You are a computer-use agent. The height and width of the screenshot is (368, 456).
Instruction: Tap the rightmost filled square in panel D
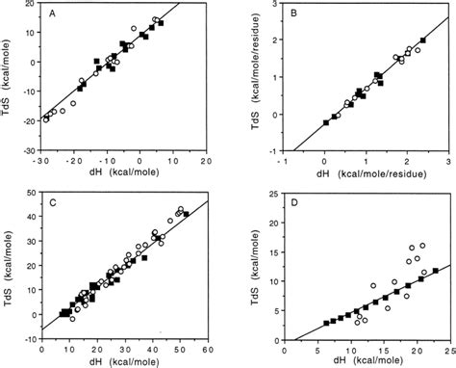pyautogui.click(x=436, y=271)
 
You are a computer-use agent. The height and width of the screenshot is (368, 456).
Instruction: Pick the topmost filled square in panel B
pyautogui.click(x=422, y=40)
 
